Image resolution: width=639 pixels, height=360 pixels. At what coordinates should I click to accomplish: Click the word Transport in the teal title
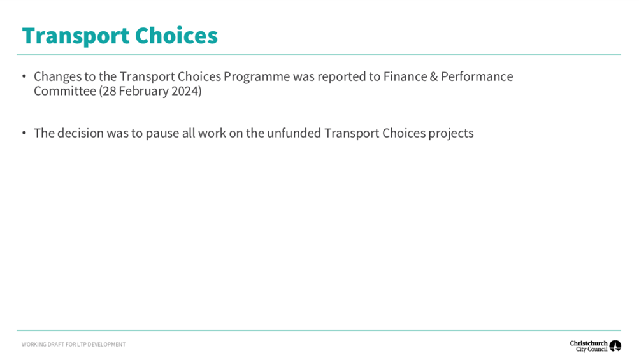click(x=76, y=36)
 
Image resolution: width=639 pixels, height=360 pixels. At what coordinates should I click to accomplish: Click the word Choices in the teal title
click(x=176, y=36)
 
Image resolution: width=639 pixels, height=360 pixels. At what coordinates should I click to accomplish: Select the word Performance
click(x=477, y=76)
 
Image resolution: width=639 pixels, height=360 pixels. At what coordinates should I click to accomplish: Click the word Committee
click(x=65, y=91)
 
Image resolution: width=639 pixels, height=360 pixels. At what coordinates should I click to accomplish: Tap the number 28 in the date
click(x=109, y=91)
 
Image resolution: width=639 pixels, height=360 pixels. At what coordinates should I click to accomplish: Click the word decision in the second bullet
click(x=80, y=133)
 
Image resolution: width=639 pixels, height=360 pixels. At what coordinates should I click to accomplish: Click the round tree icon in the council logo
click(x=615, y=346)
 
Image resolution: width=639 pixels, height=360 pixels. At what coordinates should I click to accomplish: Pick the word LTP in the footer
click(x=82, y=345)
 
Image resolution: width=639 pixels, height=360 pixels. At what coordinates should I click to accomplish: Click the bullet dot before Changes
click(x=24, y=76)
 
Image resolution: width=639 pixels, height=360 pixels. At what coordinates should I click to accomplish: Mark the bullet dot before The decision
click(x=24, y=133)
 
